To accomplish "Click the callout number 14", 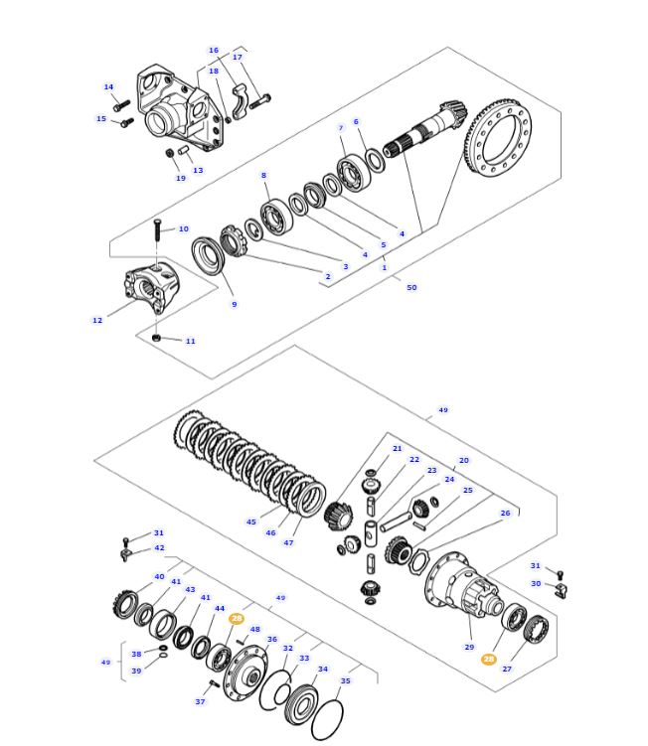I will tap(108, 87).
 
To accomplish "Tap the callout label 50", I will tap(411, 287).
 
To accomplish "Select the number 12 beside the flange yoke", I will tap(97, 320).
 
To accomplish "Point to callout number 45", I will tap(251, 522).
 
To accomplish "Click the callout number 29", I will tap(469, 647).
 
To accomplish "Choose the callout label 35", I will tap(345, 680).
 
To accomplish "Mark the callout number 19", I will tap(181, 178).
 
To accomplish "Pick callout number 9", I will tap(235, 304).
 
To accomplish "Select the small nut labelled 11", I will tap(157, 339).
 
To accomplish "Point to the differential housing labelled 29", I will tap(462, 587).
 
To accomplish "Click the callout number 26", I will tap(505, 514).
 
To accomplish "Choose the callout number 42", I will tap(159, 547).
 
